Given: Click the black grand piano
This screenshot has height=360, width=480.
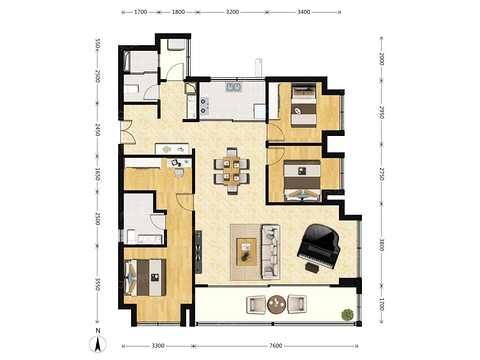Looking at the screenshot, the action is pyautogui.click(x=318, y=246).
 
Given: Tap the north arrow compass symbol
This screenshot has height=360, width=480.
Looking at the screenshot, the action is pyautogui.click(x=98, y=344).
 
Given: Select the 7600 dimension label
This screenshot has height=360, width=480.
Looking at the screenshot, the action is pyautogui.click(x=276, y=346).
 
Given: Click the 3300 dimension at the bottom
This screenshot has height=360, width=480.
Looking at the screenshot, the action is pyautogui.click(x=158, y=346).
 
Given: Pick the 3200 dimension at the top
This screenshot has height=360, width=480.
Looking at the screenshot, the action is pyautogui.click(x=232, y=12).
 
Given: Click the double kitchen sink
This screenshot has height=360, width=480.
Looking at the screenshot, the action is pyautogui.click(x=234, y=87).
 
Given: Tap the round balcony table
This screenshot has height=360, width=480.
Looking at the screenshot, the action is pyautogui.click(x=276, y=304).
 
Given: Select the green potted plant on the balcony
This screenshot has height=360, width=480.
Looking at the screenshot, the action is pyautogui.click(x=347, y=315).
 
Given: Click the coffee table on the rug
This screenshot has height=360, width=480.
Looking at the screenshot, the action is pyautogui.click(x=246, y=252).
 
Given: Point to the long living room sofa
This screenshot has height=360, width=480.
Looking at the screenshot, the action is pyautogui.click(x=270, y=252).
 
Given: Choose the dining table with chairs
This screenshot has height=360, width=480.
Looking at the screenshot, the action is pyautogui.click(x=231, y=171).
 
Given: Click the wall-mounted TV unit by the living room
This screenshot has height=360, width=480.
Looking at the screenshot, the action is pyautogui.click(x=198, y=252).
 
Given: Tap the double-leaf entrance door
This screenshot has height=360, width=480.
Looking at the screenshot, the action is pyautogui.click(x=128, y=132).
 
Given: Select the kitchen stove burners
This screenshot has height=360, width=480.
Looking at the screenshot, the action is pyautogui.click(x=204, y=105).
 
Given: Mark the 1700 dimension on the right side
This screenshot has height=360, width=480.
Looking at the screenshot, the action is pyautogui.click(x=382, y=304).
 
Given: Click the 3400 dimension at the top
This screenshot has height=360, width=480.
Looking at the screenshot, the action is pyautogui.click(x=304, y=12).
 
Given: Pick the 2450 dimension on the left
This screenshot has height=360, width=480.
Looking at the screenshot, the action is pyautogui.click(x=97, y=130).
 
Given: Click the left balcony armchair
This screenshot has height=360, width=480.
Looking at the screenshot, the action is pyautogui.click(x=256, y=305).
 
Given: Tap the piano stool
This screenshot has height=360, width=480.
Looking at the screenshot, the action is pyautogui.click(x=312, y=268).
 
